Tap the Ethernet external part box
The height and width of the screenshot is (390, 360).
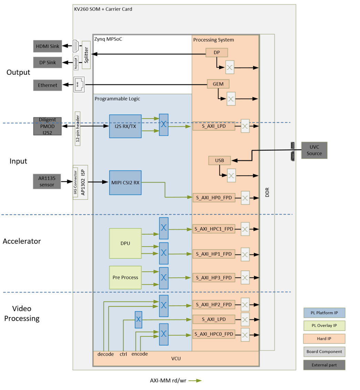click(48, 85)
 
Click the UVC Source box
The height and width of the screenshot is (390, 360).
click(314, 150)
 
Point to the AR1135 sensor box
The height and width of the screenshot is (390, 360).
click(47, 181)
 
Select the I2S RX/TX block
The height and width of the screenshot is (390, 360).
click(125, 126)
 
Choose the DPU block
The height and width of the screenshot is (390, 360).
click(125, 243)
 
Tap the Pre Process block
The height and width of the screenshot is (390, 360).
click(125, 277)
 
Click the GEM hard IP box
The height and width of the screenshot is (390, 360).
click(218, 84)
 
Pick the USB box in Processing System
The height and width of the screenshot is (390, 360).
click(220, 160)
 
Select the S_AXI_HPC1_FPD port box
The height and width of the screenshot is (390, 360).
click(214, 229)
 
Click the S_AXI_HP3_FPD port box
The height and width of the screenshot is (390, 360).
click(214, 277)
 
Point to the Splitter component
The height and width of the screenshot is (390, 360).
click(86, 54)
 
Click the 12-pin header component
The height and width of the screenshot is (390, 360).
click(77, 128)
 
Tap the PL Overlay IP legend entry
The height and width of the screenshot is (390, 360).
click(325, 325)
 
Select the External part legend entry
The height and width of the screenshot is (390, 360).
click(325, 365)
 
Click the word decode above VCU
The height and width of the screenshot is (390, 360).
click(106, 354)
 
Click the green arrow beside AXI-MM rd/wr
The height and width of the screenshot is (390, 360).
click(194, 381)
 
